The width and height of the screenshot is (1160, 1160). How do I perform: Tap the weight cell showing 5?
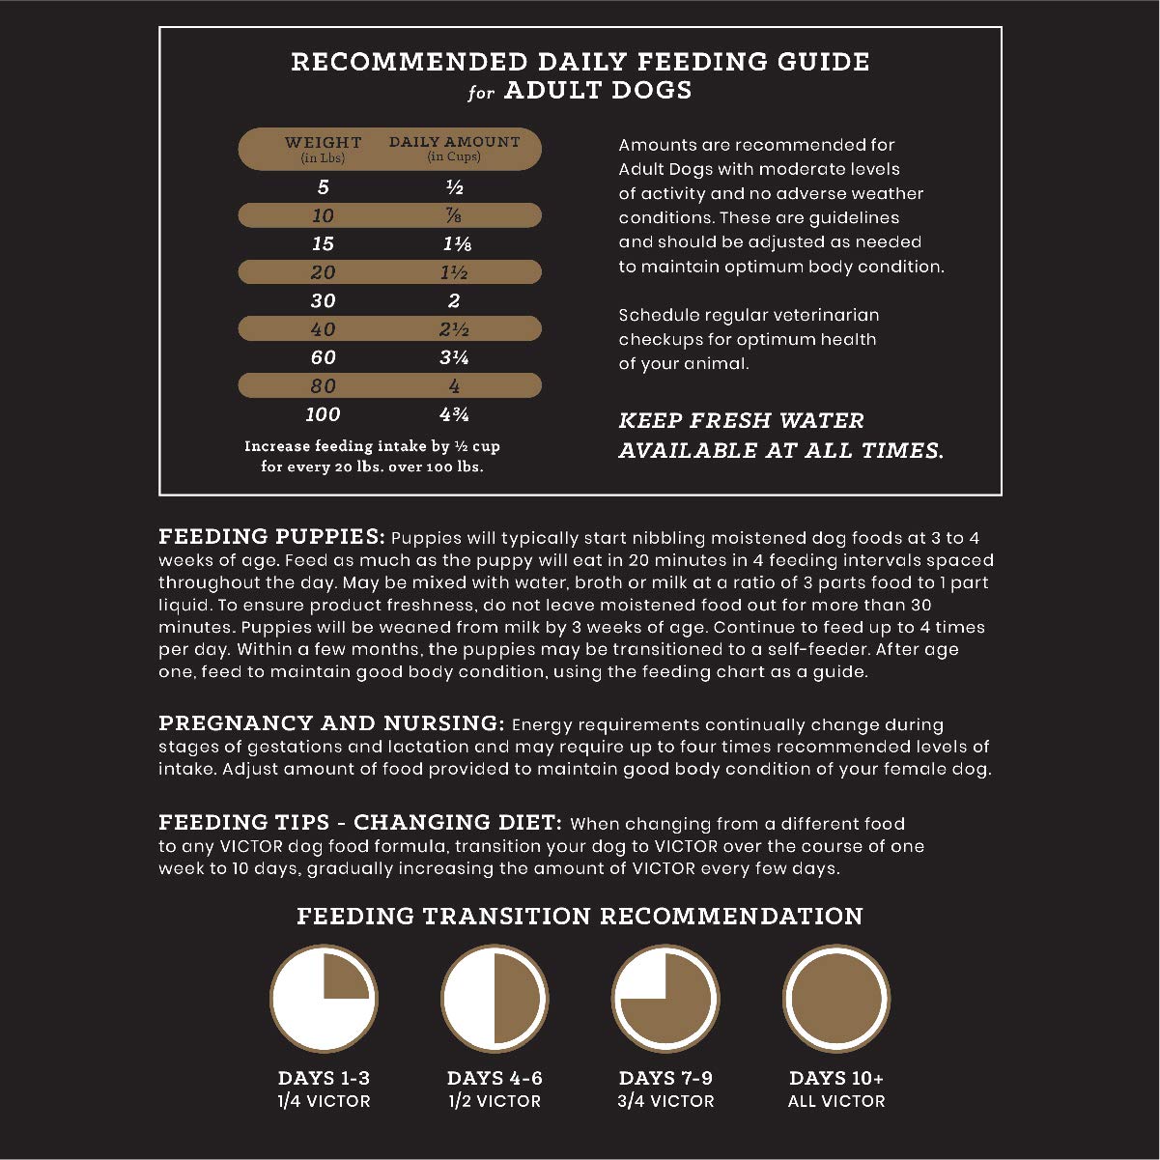pyautogui.click(x=324, y=187)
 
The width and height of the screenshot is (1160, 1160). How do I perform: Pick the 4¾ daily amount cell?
pyautogui.click(x=454, y=414)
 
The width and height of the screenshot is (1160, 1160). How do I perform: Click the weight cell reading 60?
pyautogui.click(x=324, y=357)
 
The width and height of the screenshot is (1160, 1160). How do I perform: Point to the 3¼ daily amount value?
pyautogui.click(x=454, y=357)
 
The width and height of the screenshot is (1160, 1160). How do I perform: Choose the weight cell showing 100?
pyautogui.click(x=324, y=414)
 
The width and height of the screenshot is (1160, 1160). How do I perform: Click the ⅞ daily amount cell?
pyautogui.click(x=454, y=215)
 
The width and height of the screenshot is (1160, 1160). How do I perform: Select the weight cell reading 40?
pyautogui.click(x=324, y=329)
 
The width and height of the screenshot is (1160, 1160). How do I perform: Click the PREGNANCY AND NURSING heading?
pyautogui.click(x=331, y=723)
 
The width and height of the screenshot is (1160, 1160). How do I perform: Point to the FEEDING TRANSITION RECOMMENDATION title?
pyautogui.click(x=580, y=916)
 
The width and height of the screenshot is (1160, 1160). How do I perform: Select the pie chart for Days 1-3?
pyautogui.click(x=324, y=999)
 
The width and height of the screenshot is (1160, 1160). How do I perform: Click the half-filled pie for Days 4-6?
pyautogui.click(x=495, y=999)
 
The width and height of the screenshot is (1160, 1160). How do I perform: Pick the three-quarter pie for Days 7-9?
pyautogui.click(x=665, y=999)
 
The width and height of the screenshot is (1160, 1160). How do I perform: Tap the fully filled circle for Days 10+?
pyautogui.click(x=836, y=999)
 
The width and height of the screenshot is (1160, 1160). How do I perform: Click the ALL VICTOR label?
pyautogui.click(x=836, y=1101)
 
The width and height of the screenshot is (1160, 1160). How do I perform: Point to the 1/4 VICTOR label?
pyautogui.click(x=324, y=1101)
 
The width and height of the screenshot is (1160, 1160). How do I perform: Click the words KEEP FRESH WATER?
pyautogui.click(x=741, y=421)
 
